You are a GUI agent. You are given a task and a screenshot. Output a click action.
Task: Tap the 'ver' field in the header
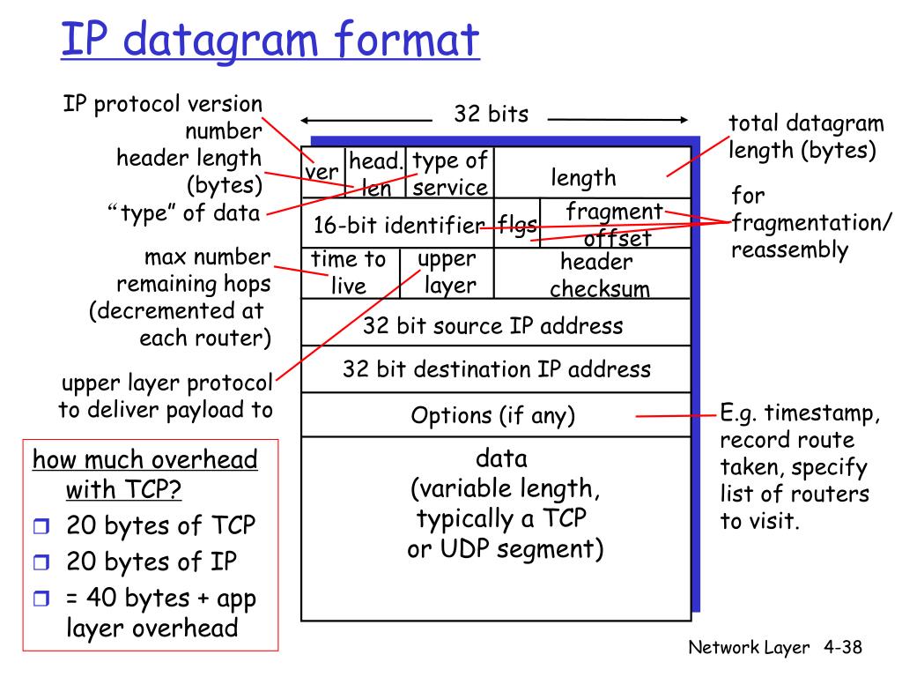pyautogui.click(x=322, y=172)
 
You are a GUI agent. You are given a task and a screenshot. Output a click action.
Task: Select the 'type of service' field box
pyautogui.click(x=449, y=174)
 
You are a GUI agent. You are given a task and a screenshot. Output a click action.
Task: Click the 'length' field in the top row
pyautogui.click(x=584, y=178)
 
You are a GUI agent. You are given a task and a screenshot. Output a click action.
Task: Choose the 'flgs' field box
pyautogui.click(x=517, y=225)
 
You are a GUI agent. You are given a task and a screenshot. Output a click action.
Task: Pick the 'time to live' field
pyautogui.click(x=349, y=272)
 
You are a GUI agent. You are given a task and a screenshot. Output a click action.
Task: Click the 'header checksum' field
pyautogui.click(x=595, y=275)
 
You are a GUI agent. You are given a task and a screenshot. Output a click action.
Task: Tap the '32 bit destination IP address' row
pyautogui.click(x=496, y=368)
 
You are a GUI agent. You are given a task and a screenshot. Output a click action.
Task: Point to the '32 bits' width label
pyautogui.click(x=491, y=114)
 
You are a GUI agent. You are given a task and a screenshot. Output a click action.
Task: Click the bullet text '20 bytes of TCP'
pyautogui.click(x=161, y=526)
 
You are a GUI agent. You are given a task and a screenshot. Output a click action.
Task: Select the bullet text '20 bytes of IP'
pyautogui.click(x=152, y=562)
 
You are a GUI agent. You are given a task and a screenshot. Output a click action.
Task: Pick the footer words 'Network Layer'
pyautogui.click(x=749, y=648)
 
